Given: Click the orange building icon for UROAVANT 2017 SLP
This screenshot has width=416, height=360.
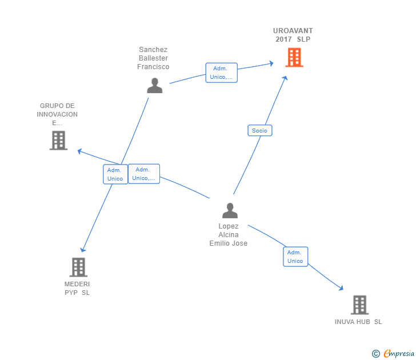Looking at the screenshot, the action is click(x=294, y=57).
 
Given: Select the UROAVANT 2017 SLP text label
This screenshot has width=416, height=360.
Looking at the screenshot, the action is click(x=293, y=35).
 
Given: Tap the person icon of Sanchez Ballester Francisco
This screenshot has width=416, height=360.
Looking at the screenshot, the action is click(x=154, y=85).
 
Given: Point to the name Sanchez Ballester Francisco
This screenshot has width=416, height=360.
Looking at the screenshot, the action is click(x=153, y=58).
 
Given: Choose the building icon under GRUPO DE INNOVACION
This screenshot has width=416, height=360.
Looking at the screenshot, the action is click(x=58, y=140).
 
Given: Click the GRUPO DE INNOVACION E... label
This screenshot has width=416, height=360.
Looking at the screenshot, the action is click(x=57, y=114).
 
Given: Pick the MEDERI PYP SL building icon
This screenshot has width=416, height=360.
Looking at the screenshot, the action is click(x=78, y=267).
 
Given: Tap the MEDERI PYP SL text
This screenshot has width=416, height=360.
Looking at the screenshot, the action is click(x=77, y=289).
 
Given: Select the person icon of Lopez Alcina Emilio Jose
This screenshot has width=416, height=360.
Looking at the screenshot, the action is click(x=230, y=210).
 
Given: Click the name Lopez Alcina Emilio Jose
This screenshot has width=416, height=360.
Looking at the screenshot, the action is click(x=229, y=235).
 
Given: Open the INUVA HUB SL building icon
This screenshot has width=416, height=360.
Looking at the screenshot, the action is click(x=359, y=305).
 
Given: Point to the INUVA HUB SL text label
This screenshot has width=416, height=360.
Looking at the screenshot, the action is click(x=358, y=322).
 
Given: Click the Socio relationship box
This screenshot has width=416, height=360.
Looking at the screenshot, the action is click(x=259, y=130).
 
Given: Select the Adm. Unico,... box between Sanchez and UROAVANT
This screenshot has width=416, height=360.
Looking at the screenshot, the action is click(x=221, y=73).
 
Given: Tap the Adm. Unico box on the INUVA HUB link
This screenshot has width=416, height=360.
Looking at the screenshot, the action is click(x=295, y=257).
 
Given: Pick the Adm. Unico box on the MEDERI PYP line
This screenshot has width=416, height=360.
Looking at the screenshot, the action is click(x=115, y=174).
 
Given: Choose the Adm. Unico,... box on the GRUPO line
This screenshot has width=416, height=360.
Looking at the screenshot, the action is click(x=143, y=174).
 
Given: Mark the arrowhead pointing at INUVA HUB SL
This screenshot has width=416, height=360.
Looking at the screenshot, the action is click(x=342, y=289).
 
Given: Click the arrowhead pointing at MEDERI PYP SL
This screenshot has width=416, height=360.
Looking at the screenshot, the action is click(x=83, y=249).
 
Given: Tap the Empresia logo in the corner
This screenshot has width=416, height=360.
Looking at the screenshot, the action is click(x=393, y=353).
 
